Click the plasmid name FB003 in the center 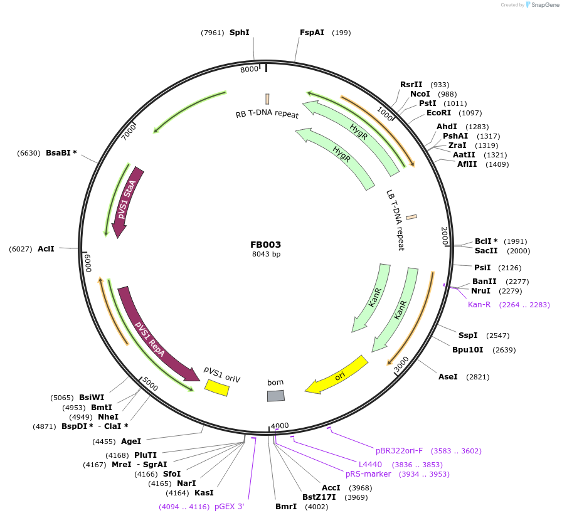[266, 245]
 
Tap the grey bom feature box [276, 396]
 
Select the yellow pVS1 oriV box [217, 389]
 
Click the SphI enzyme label [239, 33]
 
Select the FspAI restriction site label [312, 33]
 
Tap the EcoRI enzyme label [438, 113]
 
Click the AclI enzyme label [46, 249]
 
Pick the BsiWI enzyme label [92, 398]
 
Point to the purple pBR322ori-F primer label [400, 451]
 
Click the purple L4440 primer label [370, 465]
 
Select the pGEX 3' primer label [229, 506]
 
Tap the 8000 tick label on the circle [249, 70]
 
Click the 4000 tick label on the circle [280, 426]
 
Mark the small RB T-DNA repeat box [268, 99]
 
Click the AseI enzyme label [448, 377]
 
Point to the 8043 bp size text [266, 255]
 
